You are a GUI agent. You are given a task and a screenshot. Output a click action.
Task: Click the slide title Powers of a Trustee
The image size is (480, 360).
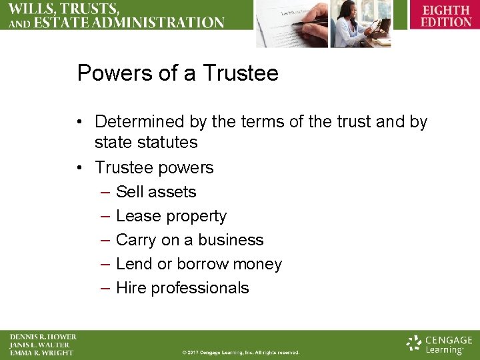[177, 73]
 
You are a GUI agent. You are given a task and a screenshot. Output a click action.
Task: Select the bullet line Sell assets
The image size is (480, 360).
[156, 192]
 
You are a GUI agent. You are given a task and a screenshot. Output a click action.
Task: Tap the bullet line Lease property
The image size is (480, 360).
[171, 216]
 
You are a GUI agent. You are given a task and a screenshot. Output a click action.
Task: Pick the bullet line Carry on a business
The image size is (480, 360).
[189, 240]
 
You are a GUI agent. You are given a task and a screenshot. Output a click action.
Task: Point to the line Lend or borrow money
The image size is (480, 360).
[199, 264]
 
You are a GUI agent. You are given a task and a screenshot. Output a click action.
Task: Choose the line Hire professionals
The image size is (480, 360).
[182, 288]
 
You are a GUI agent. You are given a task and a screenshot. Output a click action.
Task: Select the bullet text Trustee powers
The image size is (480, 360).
[154, 167]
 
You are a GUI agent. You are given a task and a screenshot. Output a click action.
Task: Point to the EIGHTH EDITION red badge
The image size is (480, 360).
[445, 16]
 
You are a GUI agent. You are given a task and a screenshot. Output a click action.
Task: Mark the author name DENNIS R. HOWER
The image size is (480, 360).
[43, 337]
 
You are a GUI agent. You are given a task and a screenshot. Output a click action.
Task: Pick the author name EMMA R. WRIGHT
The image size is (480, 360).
[41, 353]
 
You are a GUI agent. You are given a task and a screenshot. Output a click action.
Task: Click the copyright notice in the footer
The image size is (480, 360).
[241, 352]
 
